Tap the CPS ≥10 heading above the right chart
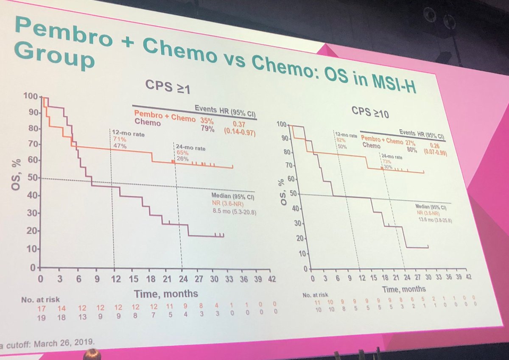click(x=370, y=112)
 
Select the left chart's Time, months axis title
click(x=166, y=293)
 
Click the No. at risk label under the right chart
click(x=315, y=294)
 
